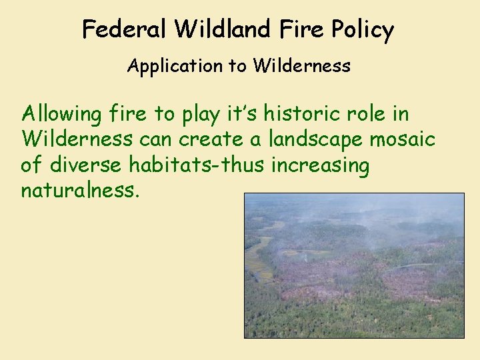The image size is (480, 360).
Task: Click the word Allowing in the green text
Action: [x=61, y=115]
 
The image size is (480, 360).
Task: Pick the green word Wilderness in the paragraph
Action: [x=77, y=140]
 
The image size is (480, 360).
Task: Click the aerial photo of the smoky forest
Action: [x=353, y=265]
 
